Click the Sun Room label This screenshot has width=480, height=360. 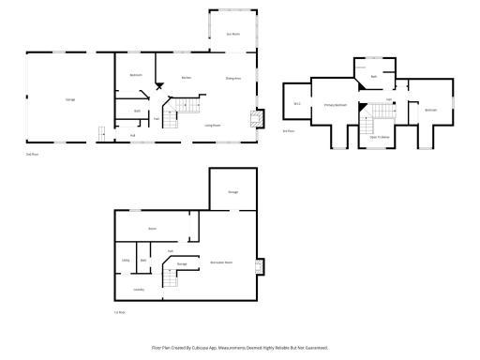[x=233, y=35]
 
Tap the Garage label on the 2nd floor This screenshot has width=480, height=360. [x=70, y=98]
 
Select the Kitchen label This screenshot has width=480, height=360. [x=187, y=78]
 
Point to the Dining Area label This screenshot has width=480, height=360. [x=233, y=78]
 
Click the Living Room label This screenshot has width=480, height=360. [x=213, y=125]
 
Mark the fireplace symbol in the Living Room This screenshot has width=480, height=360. [x=253, y=118]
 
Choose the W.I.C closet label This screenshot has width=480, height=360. [x=297, y=103]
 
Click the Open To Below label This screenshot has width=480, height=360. [x=381, y=137]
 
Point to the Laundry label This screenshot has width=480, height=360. [x=139, y=290]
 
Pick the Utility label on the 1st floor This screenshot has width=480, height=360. [x=126, y=260]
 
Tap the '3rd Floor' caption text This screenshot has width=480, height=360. [x=289, y=130]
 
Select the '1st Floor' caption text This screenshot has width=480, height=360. [x=120, y=311]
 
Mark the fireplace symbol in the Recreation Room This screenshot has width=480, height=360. [x=262, y=265]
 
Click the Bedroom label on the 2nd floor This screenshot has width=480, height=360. [x=136, y=74]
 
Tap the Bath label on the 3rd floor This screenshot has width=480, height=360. [x=374, y=76]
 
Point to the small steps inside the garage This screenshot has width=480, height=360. [x=100, y=131]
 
